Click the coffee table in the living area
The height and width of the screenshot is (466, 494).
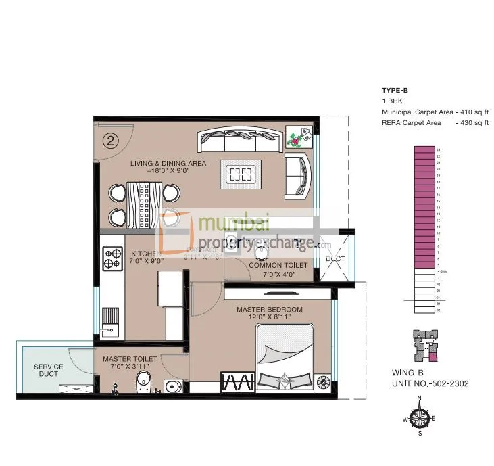coord(240,175)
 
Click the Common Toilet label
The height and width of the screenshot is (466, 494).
coord(278,266)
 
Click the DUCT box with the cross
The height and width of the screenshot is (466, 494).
coord(335,259)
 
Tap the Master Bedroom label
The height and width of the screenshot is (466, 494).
coord(269,309)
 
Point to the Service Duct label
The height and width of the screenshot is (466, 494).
coord(48,371)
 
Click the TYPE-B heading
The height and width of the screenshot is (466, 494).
coord(395,90)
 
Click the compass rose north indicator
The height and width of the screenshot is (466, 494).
coord(419,399)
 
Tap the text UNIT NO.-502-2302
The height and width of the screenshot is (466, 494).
coord(430,383)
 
